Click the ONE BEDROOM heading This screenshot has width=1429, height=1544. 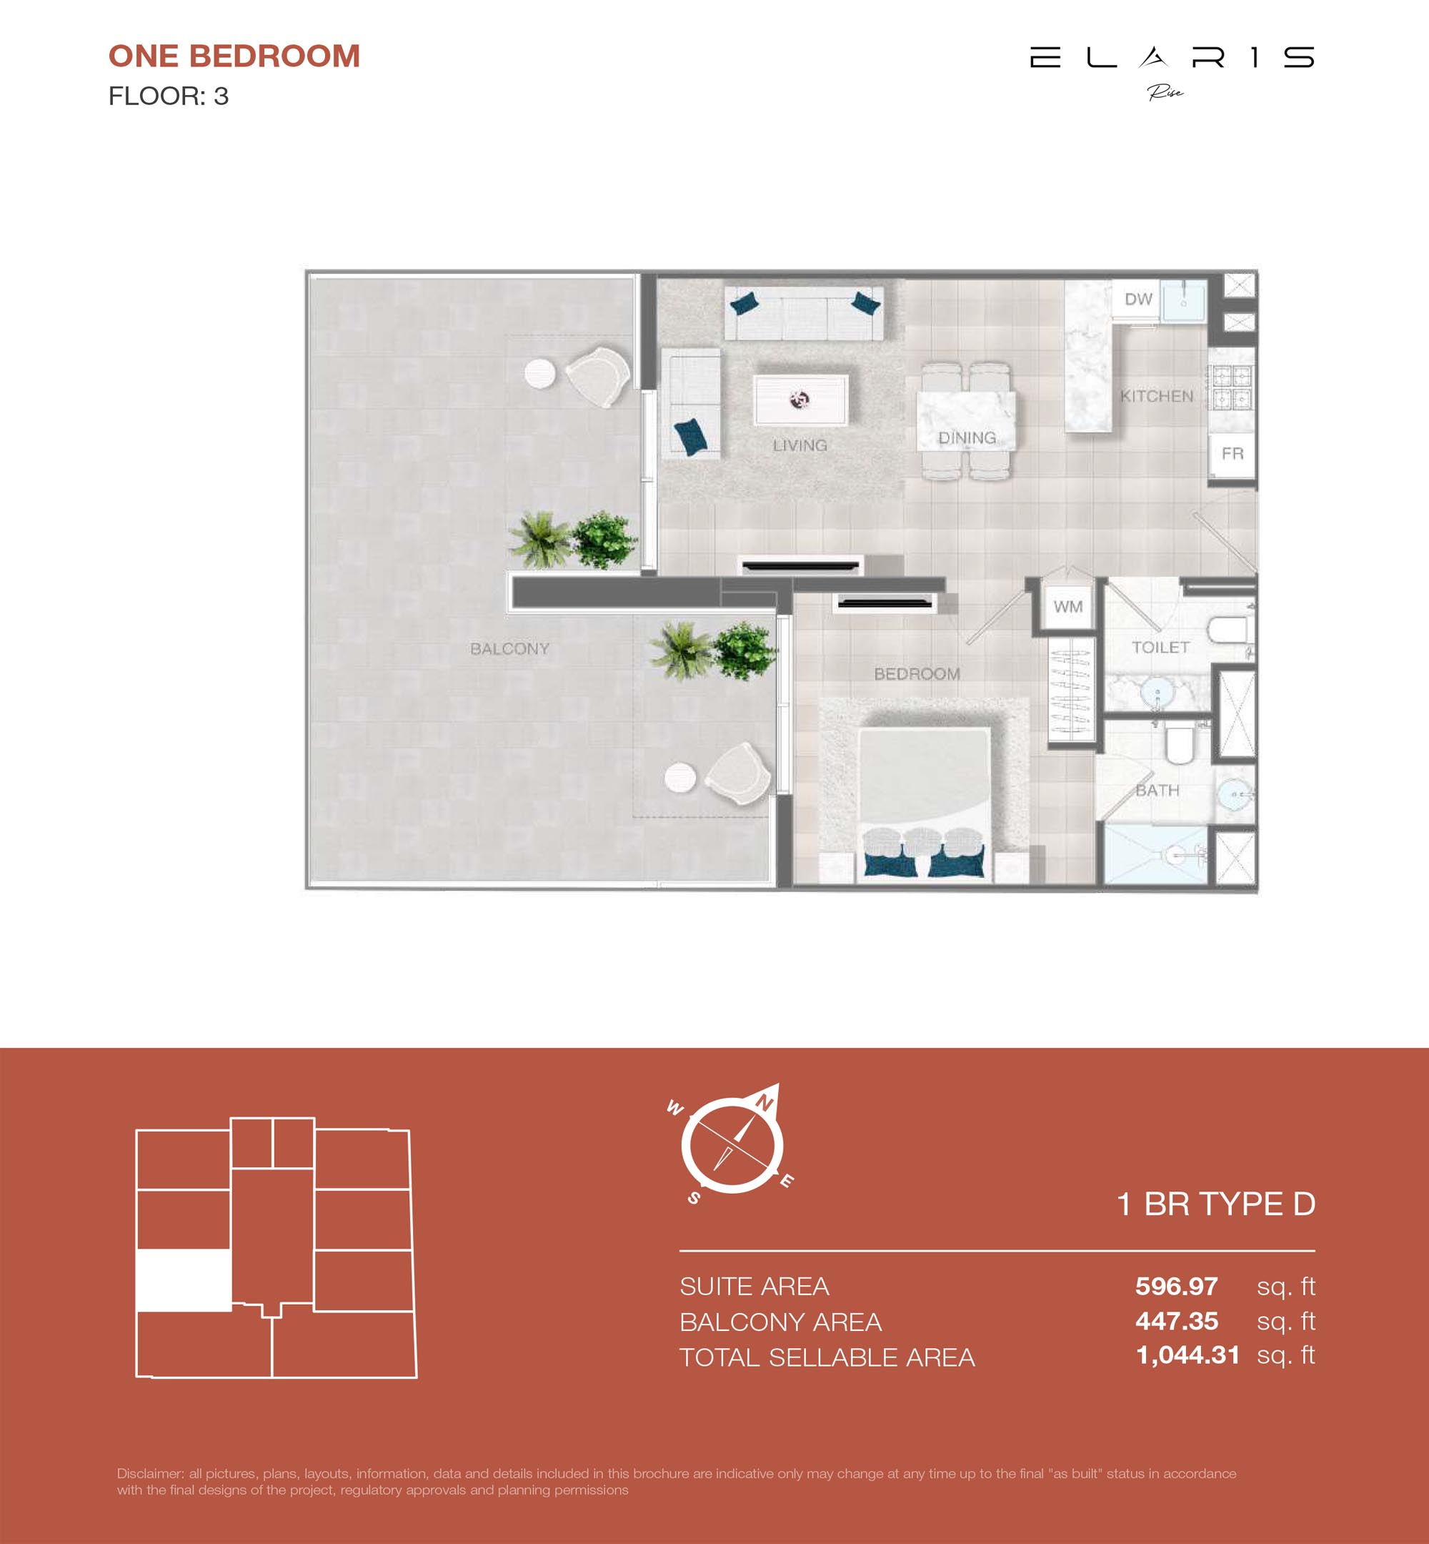tap(234, 56)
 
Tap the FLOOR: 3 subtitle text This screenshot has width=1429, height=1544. tap(169, 96)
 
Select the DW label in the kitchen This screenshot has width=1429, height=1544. tap(1138, 299)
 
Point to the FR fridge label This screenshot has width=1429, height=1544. tap(1233, 453)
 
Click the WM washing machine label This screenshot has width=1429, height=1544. tap(1068, 606)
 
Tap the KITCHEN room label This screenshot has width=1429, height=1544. tap(1157, 396)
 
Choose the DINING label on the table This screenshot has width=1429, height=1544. tap(967, 438)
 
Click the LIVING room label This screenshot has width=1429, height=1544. tap(800, 445)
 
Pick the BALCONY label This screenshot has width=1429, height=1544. tap(509, 649)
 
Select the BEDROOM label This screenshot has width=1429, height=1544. tap(917, 674)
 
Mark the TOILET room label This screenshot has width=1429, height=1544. tap(1160, 648)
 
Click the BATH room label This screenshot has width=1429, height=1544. tap(1157, 790)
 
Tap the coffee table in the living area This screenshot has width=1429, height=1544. tap(801, 399)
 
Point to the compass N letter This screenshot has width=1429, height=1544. tap(764, 1102)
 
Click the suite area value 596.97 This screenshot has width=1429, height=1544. tap(1176, 1287)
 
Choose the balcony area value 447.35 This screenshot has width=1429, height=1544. tap(1176, 1321)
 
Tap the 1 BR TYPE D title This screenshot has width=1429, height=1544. tap(1215, 1204)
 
